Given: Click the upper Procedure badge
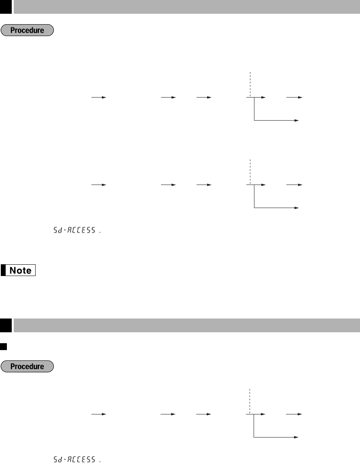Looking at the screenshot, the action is coord(27,30).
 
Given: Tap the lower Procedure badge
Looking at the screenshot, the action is coord(27,366).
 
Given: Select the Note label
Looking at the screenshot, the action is coord(18,270).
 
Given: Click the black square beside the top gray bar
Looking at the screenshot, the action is coord(6,7).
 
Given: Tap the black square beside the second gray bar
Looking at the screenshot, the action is coord(6,325).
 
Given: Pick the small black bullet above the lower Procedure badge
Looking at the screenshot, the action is coord(4,346).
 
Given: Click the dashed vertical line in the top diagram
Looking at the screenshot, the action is coord(250,84).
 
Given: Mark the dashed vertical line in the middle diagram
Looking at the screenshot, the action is coord(250,172).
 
